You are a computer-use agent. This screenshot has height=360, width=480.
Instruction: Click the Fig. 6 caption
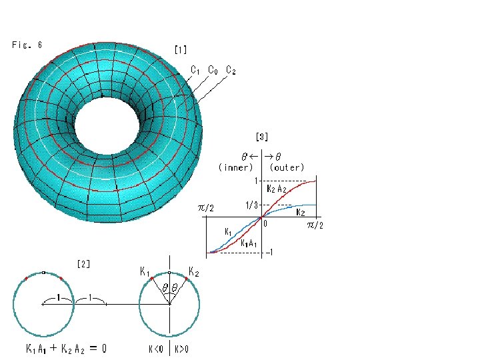(27, 45)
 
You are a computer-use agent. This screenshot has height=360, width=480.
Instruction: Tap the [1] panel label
(181, 49)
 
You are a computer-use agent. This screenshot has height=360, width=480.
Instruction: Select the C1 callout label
(195, 70)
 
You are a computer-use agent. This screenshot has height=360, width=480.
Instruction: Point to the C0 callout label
(213, 70)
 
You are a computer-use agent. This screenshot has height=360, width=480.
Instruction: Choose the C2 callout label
(231, 70)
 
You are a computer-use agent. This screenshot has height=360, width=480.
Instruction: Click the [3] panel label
(262, 137)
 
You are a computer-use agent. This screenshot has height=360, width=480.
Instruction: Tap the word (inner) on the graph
(236, 167)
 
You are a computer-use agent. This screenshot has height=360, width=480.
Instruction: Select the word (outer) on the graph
(287, 167)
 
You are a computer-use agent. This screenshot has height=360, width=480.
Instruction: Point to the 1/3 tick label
(251, 205)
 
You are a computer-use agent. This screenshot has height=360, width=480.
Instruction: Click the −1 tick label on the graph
(269, 252)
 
